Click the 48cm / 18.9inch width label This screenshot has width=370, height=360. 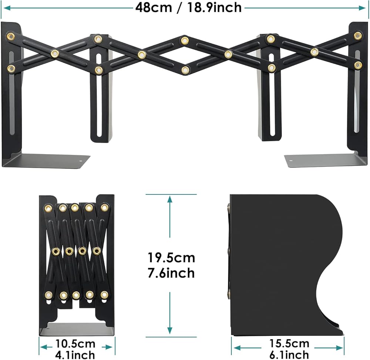[x=188, y=7]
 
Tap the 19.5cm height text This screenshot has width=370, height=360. [x=171, y=258]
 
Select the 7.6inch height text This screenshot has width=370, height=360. [x=171, y=273]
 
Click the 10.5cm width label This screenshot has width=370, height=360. [x=75, y=344]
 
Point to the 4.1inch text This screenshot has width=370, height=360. [x=75, y=355]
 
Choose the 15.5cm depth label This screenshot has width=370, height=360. [x=289, y=343]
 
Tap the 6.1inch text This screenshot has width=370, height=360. [x=289, y=354]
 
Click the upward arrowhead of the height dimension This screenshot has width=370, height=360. [x=170, y=200]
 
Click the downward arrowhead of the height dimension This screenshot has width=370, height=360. [x=170, y=330]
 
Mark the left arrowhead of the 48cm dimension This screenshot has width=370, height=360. [x=7, y=8]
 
